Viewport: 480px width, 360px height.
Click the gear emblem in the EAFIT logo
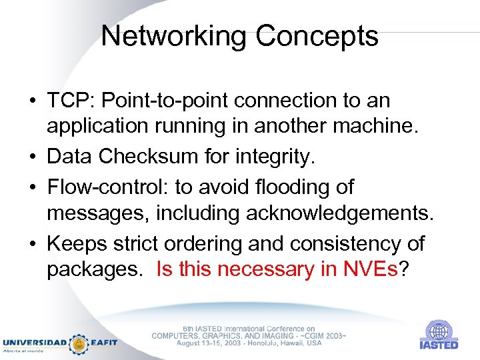79,343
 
